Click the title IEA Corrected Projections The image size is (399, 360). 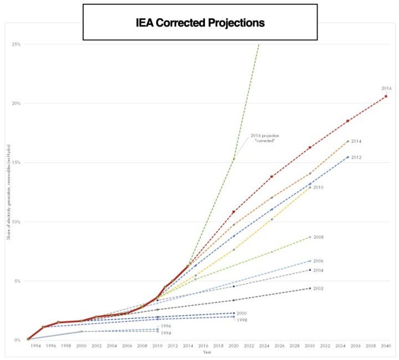tap(200, 23)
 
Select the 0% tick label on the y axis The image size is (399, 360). tap(17, 340)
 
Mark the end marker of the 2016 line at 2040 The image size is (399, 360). tap(386, 96)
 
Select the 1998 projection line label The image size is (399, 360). tap(242, 320)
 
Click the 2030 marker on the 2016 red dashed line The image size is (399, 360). tap(310, 147)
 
